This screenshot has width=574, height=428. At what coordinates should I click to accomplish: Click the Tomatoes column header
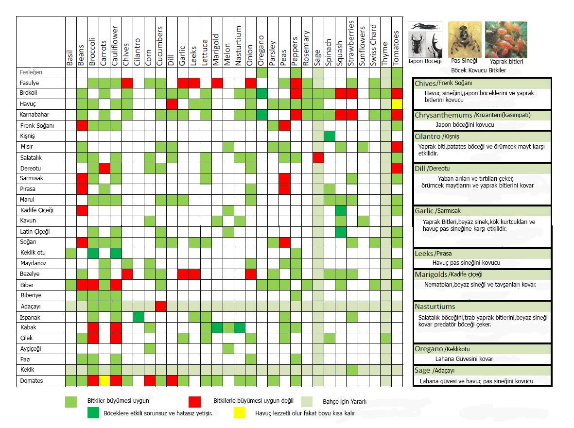[397, 48]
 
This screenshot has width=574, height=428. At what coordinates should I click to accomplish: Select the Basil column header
[70, 58]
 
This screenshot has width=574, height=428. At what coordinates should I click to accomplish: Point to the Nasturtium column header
[239, 46]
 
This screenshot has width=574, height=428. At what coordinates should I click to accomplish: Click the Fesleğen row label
[31, 72]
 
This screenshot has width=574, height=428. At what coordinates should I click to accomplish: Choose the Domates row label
[32, 381]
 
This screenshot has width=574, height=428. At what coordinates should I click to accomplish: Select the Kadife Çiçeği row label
[37, 210]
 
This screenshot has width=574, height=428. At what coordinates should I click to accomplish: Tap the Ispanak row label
[30, 318]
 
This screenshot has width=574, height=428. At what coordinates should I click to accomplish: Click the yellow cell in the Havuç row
[397, 104]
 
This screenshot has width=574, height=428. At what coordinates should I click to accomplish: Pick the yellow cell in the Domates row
[104, 381]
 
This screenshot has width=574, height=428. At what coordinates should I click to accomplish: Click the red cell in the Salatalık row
[318, 158]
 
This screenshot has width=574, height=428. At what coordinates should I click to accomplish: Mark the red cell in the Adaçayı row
[161, 306]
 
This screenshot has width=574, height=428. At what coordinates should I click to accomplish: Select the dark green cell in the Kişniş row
[330, 136]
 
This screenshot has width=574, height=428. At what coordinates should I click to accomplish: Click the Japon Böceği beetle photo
[425, 39]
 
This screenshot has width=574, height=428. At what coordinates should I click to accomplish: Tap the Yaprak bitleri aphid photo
[506, 39]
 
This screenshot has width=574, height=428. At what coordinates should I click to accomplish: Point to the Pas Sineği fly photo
[465, 39]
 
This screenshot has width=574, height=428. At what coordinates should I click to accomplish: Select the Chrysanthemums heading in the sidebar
[443, 115]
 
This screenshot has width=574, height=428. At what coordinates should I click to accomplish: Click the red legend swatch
[195, 401]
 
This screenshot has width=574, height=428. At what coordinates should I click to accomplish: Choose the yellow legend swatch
[240, 413]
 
